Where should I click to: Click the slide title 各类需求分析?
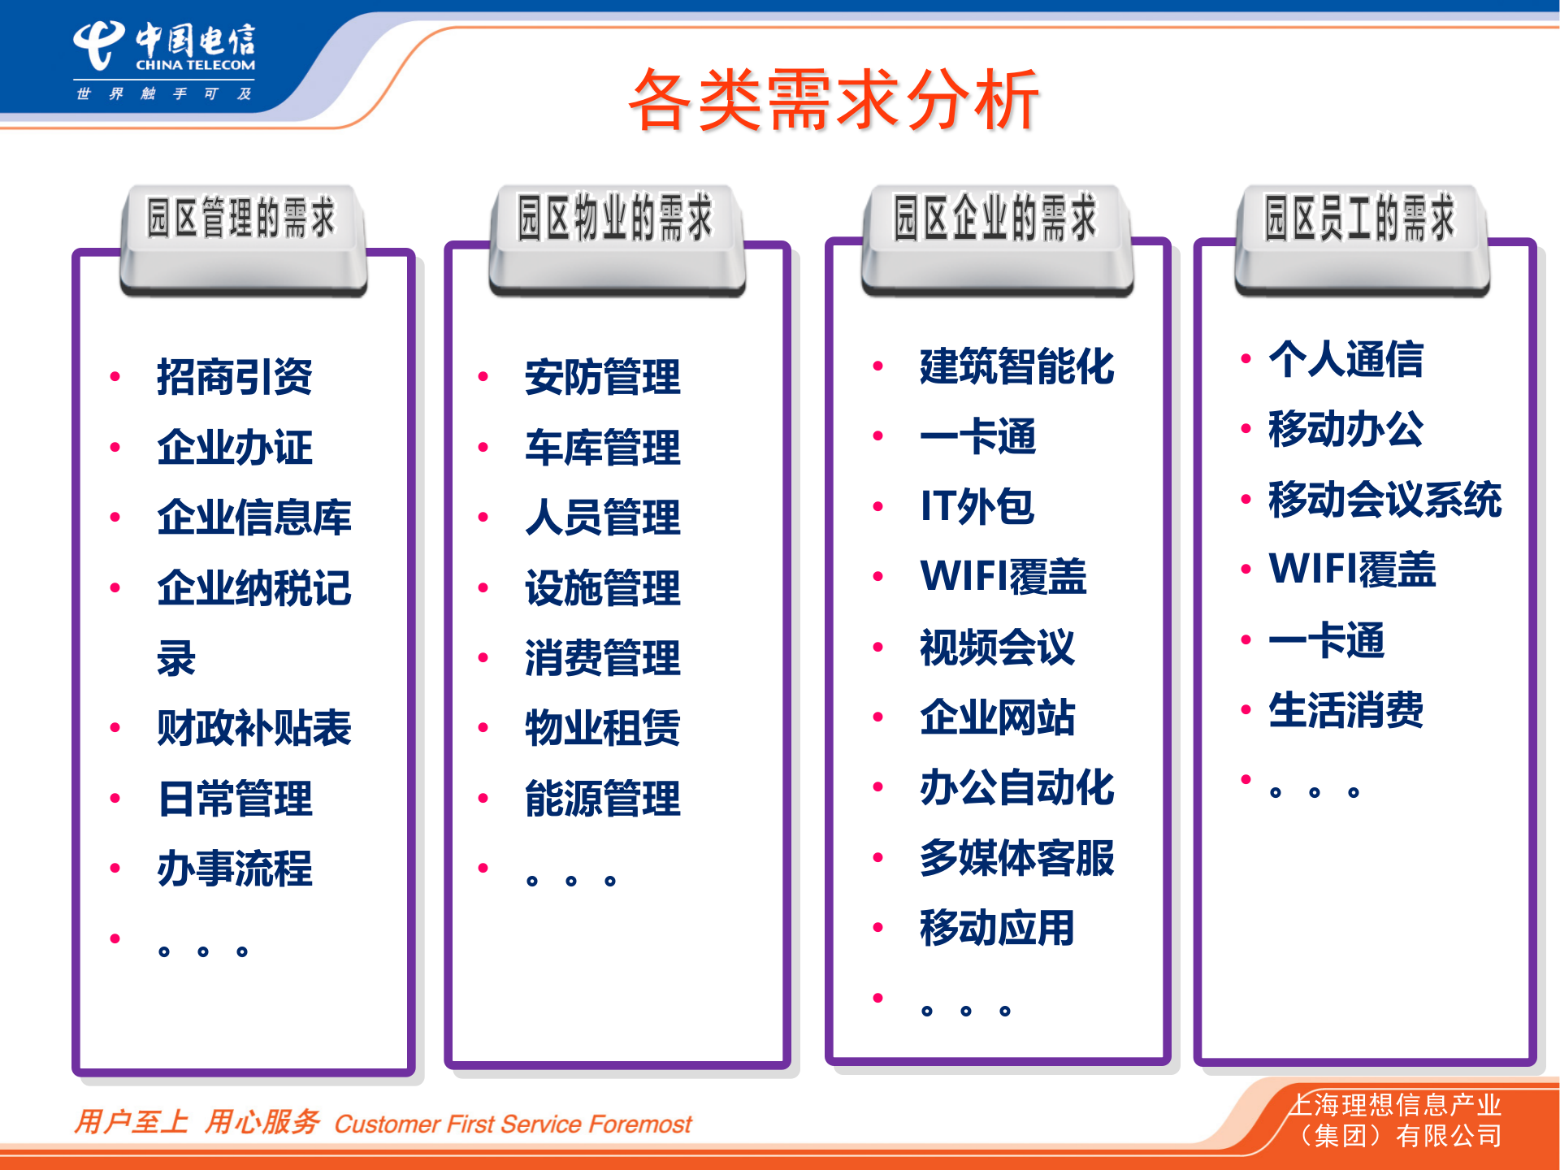point(834,101)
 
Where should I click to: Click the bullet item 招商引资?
point(234,377)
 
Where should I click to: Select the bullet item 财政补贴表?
point(253,728)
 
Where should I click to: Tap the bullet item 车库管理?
point(602,448)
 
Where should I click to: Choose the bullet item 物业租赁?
point(602,728)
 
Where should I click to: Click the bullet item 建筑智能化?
point(1016,366)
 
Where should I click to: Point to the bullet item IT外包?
point(977,507)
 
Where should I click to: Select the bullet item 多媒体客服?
point(1016,858)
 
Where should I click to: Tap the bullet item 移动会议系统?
point(1384,500)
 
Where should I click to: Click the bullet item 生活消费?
point(1345,710)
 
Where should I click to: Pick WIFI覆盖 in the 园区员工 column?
point(1352,570)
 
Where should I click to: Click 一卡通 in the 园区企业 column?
point(977,437)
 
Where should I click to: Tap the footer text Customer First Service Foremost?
point(513,1124)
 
